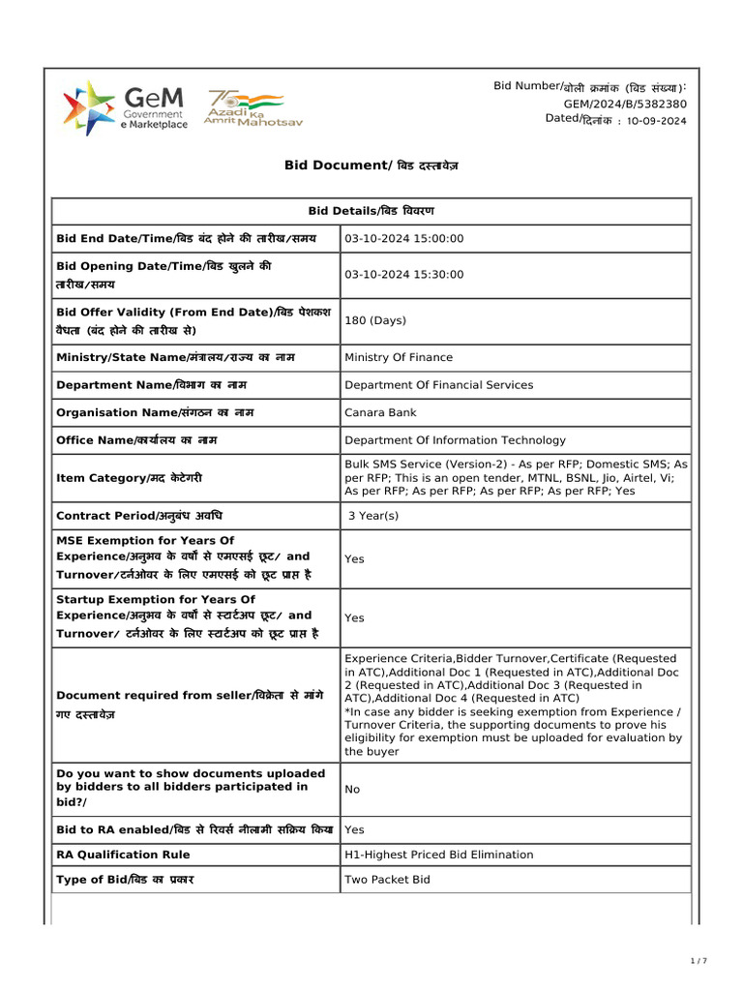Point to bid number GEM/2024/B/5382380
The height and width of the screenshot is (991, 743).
tap(625, 104)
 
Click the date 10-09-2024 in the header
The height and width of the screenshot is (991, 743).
tap(657, 121)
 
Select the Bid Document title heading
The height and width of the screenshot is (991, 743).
tap(371, 165)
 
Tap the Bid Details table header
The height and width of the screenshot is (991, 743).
tap(371, 210)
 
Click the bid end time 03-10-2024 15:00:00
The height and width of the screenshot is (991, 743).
tap(403, 238)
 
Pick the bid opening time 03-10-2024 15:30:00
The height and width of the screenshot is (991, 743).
tap(403, 275)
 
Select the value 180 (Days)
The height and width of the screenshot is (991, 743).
tap(375, 320)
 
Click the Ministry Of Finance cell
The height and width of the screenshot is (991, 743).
tap(399, 357)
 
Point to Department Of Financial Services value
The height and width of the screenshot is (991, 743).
tap(438, 385)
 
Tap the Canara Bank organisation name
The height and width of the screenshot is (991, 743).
tap(380, 412)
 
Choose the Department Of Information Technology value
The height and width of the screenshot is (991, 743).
tap(455, 440)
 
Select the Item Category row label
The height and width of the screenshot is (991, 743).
tap(130, 478)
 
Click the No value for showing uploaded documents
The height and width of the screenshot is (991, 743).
tap(352, 790)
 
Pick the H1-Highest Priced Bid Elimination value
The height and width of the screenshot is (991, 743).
tap(438, 855)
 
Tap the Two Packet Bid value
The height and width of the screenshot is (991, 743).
tap(387, 880)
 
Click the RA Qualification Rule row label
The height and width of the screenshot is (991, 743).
tap(123, 855)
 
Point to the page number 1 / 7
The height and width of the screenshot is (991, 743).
tap(698, 961)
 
